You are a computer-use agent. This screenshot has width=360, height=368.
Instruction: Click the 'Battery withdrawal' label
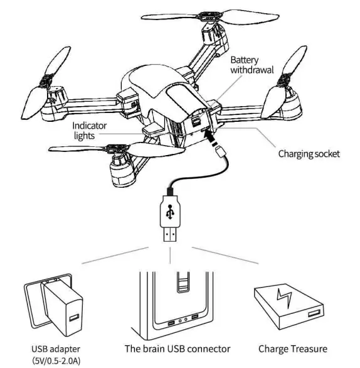[251, 65]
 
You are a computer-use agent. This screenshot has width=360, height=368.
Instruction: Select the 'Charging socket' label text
[309, 153]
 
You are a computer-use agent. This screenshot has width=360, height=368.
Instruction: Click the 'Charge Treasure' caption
[294, 349]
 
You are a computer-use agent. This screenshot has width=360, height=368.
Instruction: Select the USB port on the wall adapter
[72, 317]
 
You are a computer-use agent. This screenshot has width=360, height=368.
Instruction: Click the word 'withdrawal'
[251, 70]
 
